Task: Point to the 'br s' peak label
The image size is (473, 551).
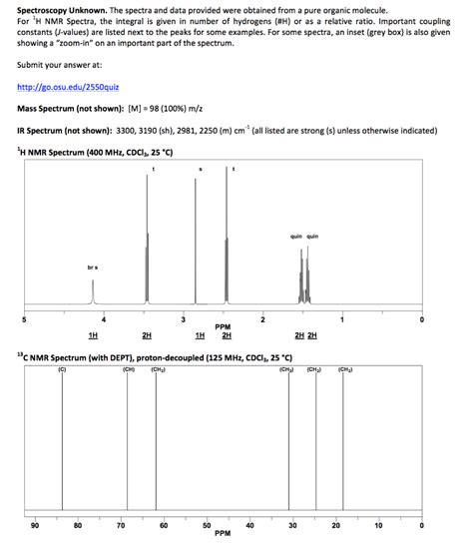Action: coord(92,268)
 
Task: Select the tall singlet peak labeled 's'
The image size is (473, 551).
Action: coord(196,240)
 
